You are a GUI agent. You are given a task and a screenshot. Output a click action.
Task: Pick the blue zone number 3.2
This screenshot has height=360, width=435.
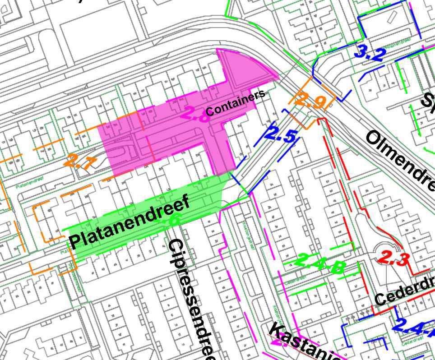coord(370,54)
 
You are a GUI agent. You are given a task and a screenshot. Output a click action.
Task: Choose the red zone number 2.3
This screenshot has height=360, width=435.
coord(393,258)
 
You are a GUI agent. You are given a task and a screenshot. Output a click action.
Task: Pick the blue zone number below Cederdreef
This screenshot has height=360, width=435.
coord(413,327)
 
